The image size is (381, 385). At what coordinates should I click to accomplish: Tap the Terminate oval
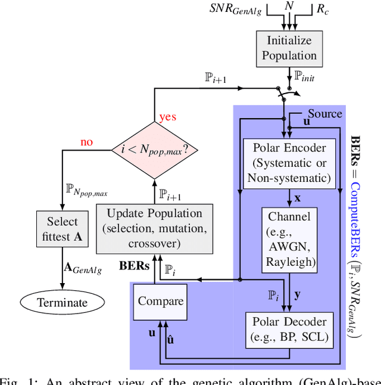(63, 303)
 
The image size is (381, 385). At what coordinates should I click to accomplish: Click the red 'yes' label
(168, 116)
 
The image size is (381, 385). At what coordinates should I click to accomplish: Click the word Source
(324, 113)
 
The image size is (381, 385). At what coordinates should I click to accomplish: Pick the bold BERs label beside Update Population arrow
(134, 266)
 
